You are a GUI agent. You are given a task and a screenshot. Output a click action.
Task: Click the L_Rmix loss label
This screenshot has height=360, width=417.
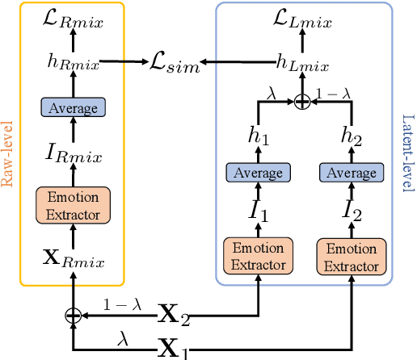(72, 17)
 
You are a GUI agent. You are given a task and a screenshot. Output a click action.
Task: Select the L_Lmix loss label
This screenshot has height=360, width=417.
(304, 17)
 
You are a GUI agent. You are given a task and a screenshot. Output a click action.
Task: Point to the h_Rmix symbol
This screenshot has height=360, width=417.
(72, 60)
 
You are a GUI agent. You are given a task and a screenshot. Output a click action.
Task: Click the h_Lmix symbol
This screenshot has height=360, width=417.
(302, 60)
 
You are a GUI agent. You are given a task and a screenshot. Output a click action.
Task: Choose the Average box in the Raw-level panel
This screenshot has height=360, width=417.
(72, 107)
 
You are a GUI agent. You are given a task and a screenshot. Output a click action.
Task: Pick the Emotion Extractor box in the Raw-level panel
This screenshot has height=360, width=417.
(72, 206)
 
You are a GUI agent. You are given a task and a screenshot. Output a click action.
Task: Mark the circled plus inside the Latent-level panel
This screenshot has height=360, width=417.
(303, 102)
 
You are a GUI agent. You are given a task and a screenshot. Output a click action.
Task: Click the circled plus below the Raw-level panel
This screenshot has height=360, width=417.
(73, 316)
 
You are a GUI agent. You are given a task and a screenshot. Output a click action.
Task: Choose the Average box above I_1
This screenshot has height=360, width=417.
(258, 173)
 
